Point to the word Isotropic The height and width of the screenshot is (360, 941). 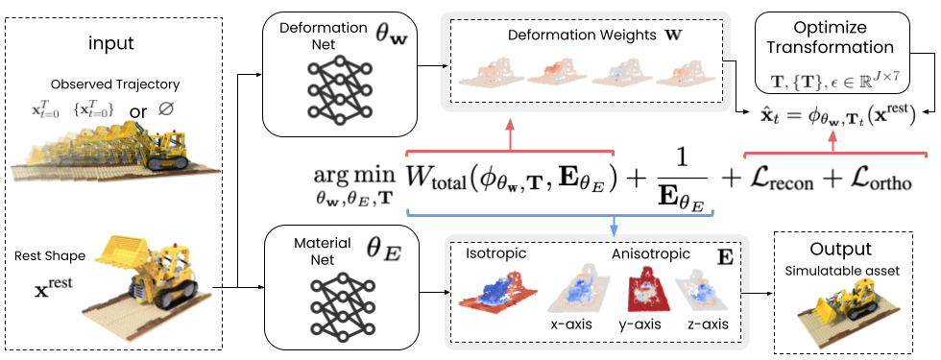pos(495,253)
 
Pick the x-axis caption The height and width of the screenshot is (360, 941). pos(572,324)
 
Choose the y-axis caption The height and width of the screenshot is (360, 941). pos(639,324)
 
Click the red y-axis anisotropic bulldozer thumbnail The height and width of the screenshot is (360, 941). pos(640,287)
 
